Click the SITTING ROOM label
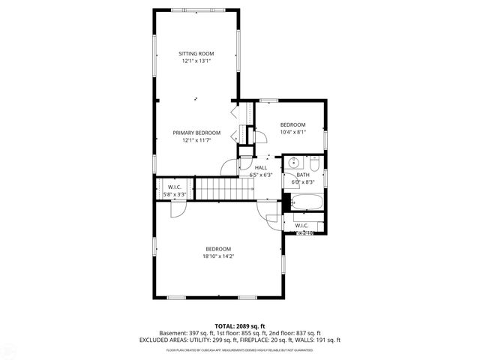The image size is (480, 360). (196, 53)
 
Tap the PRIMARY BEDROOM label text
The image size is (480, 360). (196, 133)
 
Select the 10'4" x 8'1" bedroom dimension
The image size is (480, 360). (292, 132)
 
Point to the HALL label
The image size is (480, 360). (260, 167)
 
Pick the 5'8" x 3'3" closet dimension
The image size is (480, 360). (174, 194)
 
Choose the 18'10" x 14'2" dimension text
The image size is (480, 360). (218, 256)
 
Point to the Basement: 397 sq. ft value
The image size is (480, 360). (184, 333)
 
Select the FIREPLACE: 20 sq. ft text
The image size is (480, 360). (271, 340)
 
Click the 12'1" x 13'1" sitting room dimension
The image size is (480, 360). (196, 61)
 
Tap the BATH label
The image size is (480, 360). (302, 174)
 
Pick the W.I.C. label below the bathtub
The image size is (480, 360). (301, 225)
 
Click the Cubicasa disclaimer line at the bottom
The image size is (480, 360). (239, 349)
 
